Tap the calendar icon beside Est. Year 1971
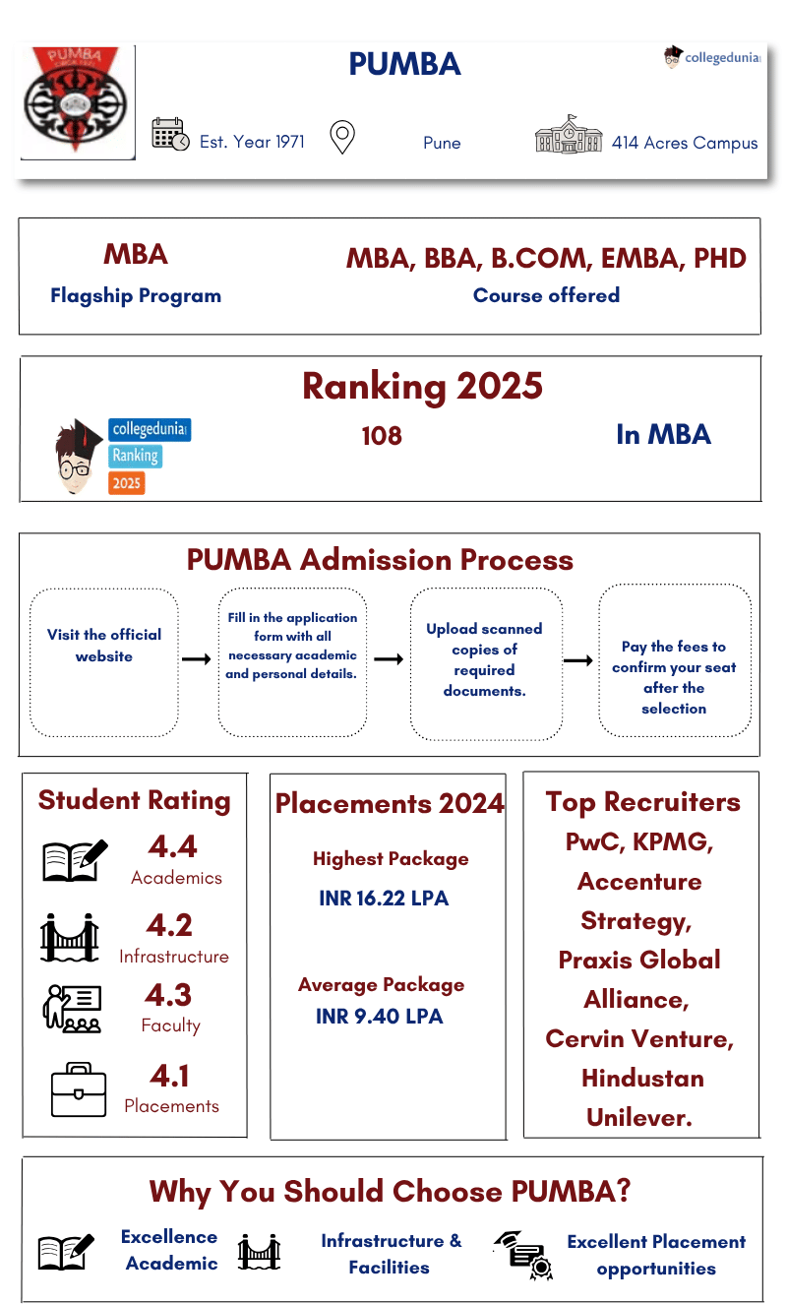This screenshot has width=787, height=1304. coord(170,135)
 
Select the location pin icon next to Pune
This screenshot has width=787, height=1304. coord(341,137)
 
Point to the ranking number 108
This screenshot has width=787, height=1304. coord(382,436)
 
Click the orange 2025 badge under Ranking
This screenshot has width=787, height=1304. coord(127,483)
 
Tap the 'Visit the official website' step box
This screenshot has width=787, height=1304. coord(104,661)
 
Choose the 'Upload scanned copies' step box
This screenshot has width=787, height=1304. coord(485,661)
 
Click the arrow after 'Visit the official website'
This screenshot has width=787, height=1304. coord(197,659)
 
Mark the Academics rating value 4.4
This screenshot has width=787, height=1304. coord(173,846)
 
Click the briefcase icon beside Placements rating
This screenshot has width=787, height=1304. coord(78,1089)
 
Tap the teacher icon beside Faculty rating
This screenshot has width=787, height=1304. coord(72,1009)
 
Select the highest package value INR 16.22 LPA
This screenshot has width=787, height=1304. coord(384,900)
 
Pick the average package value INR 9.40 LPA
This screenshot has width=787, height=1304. coord(380,1016)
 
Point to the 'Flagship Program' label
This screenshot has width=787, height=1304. coord(136,295)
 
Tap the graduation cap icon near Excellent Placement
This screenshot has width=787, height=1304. coord(521,1254)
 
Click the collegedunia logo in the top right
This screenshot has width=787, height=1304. coord(712,57)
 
